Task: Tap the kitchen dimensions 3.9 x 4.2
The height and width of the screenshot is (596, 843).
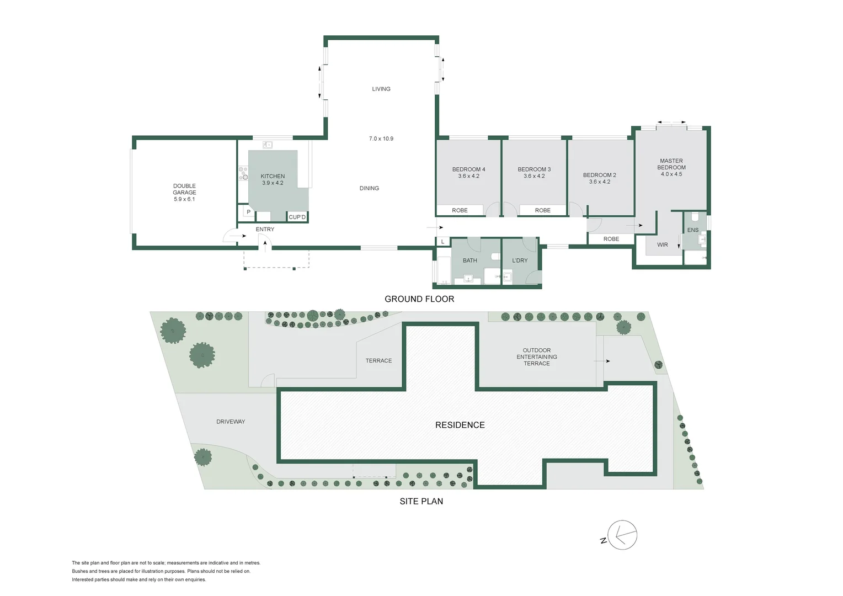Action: coord(273,183)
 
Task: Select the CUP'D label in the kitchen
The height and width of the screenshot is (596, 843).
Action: coord(297,217)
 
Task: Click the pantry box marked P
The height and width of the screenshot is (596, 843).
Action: coord(248,212)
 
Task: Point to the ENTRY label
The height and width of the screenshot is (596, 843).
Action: coord(265,229)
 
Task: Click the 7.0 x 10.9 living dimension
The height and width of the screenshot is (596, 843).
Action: coord(381,139)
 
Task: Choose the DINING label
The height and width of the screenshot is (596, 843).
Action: coord(369,188)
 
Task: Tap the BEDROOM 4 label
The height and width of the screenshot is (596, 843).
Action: coord(468,169)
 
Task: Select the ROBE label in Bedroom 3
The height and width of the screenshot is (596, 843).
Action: coord(543,210)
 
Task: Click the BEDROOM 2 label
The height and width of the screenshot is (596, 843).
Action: coord(600,175)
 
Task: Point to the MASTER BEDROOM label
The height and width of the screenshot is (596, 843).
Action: coord(671,164)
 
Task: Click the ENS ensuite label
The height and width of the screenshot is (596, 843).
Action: coord(693,230)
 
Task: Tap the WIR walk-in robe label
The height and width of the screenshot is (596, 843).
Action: coord(663,244)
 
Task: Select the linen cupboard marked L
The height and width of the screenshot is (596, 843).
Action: coord(443,242)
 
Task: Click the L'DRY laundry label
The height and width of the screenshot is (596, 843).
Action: coord(520,260)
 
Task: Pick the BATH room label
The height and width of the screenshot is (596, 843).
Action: coord(469,260)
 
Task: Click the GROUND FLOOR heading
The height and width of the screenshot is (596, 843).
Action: coord(419,299)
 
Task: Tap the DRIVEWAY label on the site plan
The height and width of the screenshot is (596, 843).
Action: coord(231,422)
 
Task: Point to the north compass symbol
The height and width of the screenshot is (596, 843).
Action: coord(621,535)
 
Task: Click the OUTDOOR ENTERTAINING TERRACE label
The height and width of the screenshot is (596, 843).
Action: coord(537,357)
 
